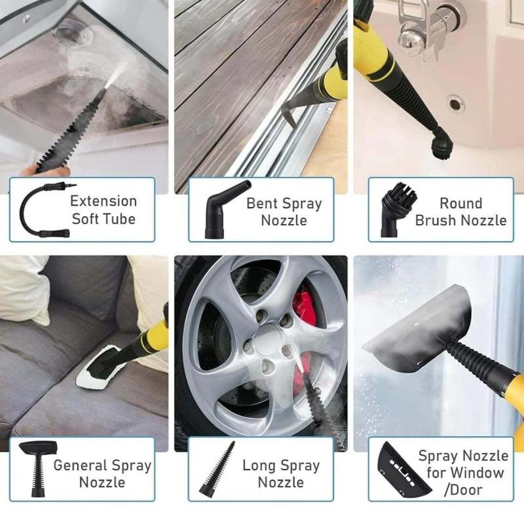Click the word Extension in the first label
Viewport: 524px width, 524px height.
coord(103,201)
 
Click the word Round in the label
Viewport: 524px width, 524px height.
coord(460,203)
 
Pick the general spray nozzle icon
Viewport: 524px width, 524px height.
coord(38,468)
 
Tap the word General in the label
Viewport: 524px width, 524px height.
coord(80,466)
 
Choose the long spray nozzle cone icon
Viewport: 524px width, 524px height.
coord(217,468)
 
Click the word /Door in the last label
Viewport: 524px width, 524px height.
coord(463,490)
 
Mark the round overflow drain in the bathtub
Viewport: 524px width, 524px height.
coord(455,104)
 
